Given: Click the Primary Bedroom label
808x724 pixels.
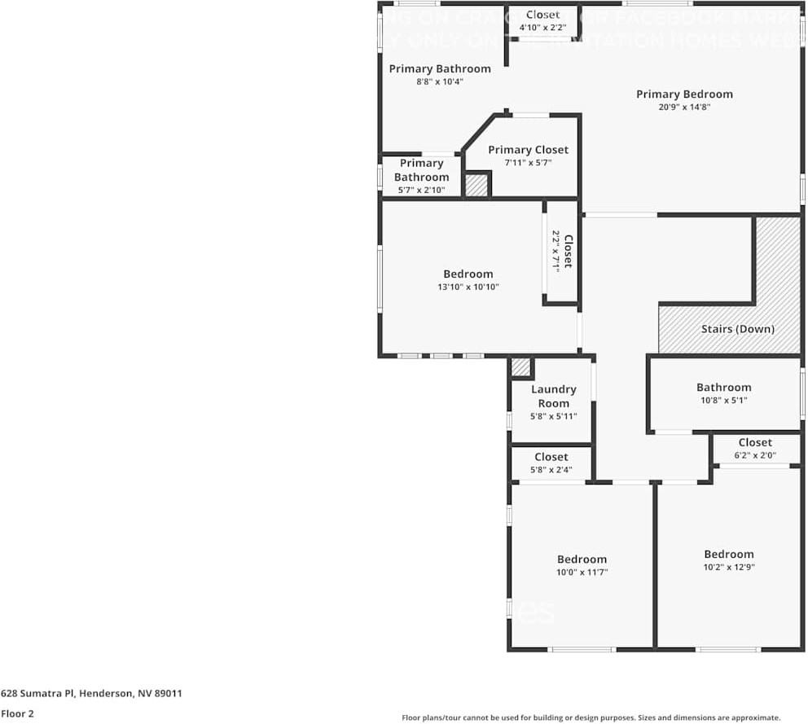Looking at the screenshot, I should click(684, 94).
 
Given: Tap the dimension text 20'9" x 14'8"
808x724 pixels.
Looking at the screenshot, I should click(684, 107).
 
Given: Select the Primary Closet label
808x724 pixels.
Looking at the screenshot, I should click(528, 150).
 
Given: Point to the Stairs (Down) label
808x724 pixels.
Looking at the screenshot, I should click(737, 329).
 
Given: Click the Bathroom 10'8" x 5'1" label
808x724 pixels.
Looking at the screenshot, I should click(723, 388).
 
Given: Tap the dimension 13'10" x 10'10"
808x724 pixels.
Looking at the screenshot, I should click(468, 287).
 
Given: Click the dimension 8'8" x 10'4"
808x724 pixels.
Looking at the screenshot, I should click(439, 81).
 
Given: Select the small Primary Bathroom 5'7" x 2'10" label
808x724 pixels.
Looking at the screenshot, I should click(421, 170).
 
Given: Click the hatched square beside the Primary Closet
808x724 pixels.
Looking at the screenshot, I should click(476, 185).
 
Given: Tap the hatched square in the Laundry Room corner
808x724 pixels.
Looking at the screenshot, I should click(520, 367).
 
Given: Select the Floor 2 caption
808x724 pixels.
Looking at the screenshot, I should click(17, 713).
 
